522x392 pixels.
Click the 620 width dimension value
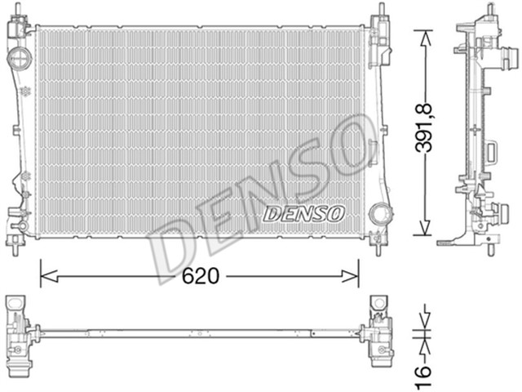coord(199,276)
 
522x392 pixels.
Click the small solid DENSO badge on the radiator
coord(303,213)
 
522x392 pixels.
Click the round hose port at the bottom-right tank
coord(378,213)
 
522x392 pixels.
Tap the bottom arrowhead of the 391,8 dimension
coord(422,230)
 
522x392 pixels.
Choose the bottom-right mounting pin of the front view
coord(380,239)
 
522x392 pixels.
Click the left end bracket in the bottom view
coord(20,330)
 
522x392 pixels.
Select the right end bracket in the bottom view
coord(378,330)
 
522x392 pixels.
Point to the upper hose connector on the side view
coord(509,60)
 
